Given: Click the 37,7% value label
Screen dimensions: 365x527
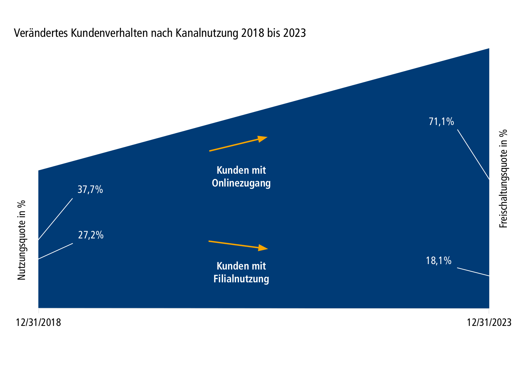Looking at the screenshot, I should [90, 190].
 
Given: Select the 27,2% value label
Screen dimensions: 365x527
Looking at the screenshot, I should [91, 235].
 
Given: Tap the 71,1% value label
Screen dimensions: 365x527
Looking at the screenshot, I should [441, 122].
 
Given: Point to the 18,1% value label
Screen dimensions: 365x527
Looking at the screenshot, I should [438, 261].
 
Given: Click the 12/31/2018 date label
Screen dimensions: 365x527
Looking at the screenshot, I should [38, 322].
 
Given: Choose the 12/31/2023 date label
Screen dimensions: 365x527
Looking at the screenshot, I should [489, 322].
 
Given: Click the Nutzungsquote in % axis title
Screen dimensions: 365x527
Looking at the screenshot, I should [21, 240].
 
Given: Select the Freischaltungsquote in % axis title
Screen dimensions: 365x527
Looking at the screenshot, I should [504, 178].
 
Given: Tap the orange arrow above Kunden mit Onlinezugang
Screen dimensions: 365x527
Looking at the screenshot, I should [238, 144].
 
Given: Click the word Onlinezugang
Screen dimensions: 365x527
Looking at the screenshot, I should [241, 183].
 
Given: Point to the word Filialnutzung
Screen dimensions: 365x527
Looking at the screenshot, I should [241, 279].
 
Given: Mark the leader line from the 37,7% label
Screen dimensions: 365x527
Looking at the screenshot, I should [55, 219].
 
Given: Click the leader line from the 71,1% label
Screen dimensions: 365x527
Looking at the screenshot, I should [473, 154].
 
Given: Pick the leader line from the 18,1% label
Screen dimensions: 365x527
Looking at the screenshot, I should [473, 272].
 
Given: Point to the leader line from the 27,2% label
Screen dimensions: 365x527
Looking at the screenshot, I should [55, 251].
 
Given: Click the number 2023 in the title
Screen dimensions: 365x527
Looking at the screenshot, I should [294, 33].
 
